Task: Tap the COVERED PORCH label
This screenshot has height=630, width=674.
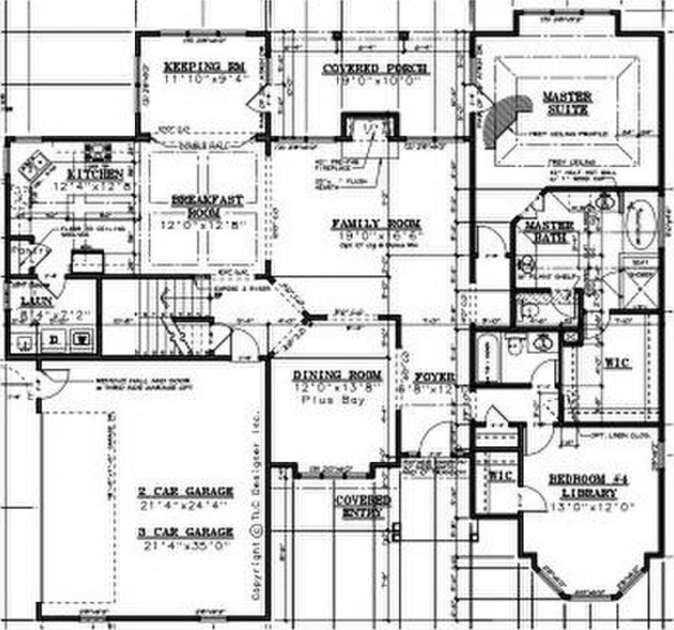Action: [x=375, y=70]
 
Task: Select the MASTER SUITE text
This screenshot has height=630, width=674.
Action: [x=565, y=103]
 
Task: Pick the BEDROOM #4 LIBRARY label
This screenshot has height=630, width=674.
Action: [x=585, y=486]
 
